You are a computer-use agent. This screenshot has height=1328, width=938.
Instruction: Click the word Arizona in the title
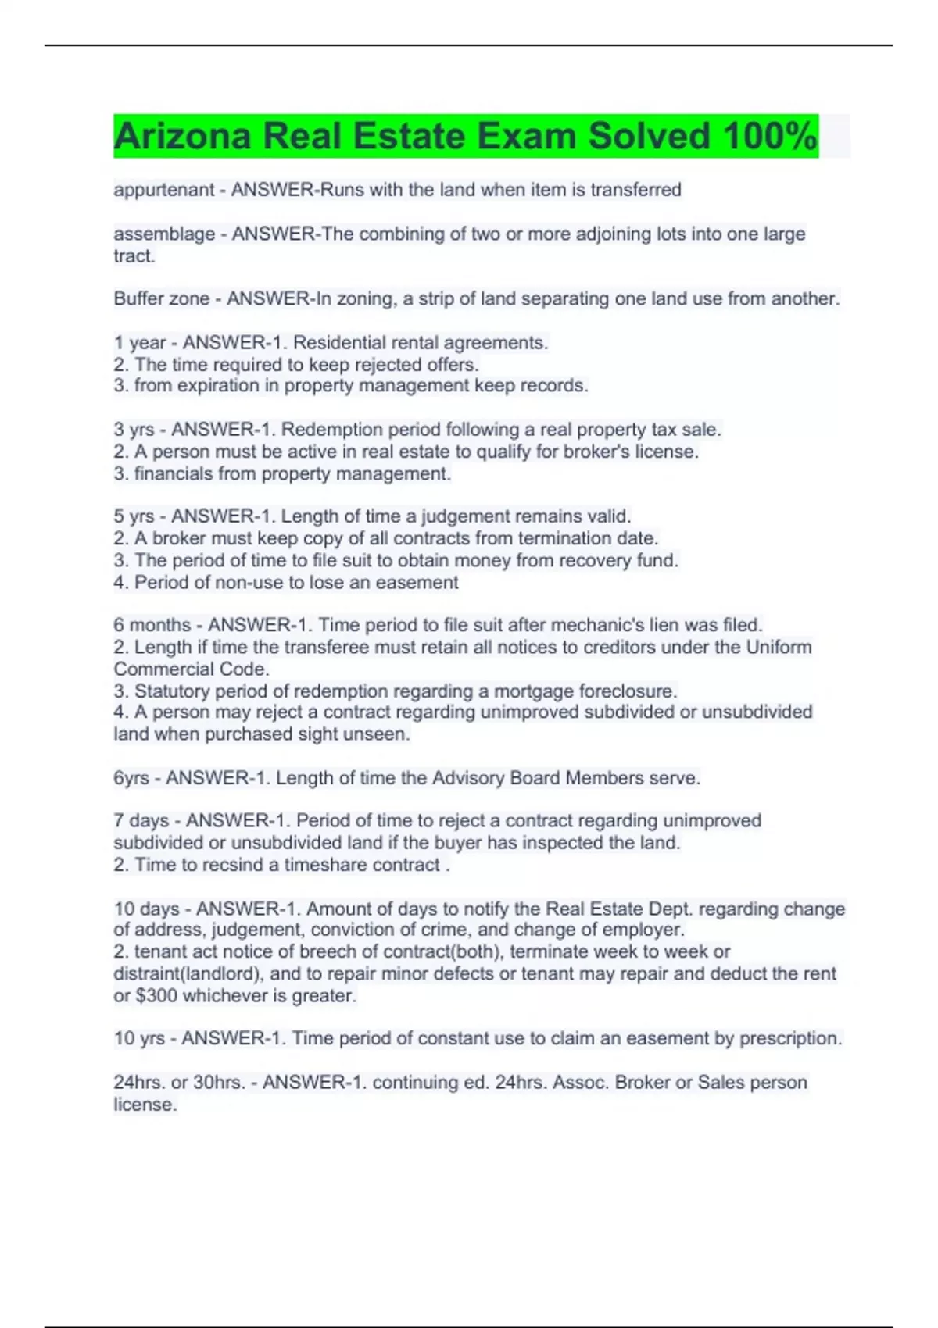pyautogui.click(x=182, y=137)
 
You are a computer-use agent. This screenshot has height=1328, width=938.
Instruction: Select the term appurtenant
pyautogui.click(x=163, y=190)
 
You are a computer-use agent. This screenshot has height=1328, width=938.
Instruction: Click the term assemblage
pyautogui.click(x=164, y=234)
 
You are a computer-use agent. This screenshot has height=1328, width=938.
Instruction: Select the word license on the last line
pyautogui.click(x=144, y=1105)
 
